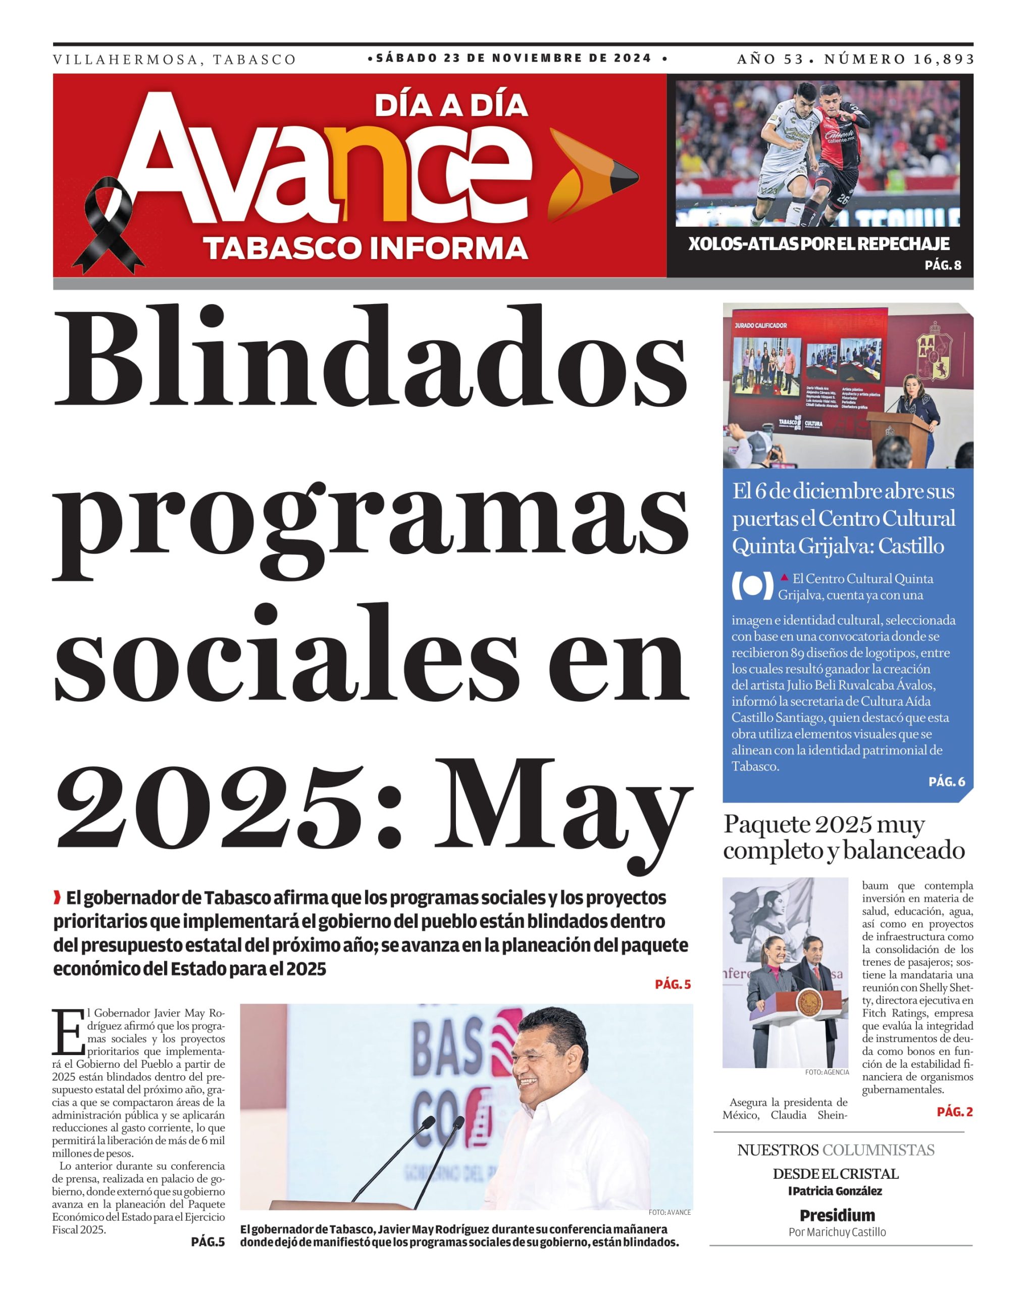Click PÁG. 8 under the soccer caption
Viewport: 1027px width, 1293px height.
click(943, 265)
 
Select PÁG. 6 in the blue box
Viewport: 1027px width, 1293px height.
click(946, 781)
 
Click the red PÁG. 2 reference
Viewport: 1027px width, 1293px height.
click(954, 1111)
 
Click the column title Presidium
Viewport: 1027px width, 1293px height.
click(837, 1215)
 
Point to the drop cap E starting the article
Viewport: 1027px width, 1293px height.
click(68, 1032)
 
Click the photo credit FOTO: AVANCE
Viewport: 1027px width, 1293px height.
click(669, 1212)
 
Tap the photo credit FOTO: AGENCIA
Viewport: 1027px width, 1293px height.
click(826, 1072)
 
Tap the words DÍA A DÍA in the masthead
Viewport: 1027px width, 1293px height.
click(451, 106)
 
